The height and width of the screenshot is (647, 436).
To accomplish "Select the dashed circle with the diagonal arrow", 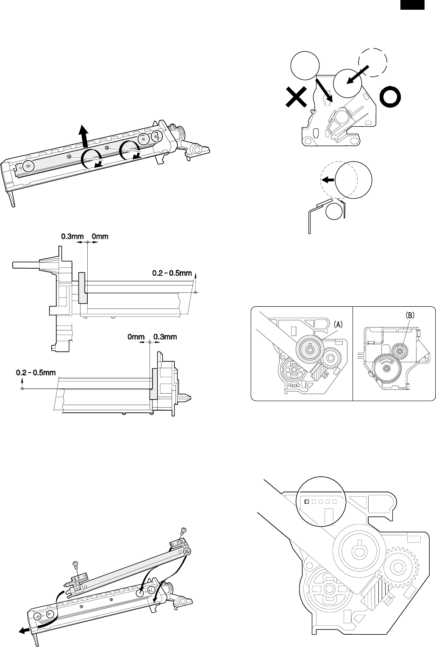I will tap(373, 62).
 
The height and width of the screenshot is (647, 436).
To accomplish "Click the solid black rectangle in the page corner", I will tap(411, 5).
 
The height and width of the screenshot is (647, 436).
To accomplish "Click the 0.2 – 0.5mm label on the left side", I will tap(36, 372).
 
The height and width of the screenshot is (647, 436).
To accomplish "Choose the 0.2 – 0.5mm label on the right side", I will tap(172, 273).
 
